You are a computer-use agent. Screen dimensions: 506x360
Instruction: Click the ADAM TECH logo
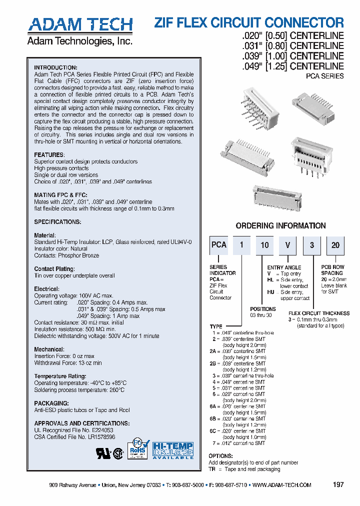click(x=80, y=24)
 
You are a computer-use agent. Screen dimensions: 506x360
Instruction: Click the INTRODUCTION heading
click(x=55, y=67)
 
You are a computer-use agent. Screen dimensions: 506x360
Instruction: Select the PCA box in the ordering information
click(x=219, y=245)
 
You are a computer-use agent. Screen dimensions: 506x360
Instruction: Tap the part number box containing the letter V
click(x=287, y=245)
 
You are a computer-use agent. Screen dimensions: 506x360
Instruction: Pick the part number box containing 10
click(x=264, y=245)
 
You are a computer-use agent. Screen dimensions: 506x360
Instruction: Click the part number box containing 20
click(x=335, y=245)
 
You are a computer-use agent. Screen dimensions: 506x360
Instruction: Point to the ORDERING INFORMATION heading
click(x=280, y=226)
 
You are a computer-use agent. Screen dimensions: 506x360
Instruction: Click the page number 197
click(x=338, y=485)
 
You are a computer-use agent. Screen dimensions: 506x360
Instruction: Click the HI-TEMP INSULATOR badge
click(x=172, y=450)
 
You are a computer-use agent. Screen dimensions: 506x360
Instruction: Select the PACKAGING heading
click(x=51, y=403)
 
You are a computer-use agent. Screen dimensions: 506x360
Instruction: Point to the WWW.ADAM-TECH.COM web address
click(x=282, y=485)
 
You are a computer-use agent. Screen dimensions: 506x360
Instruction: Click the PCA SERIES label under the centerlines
click(x=324, y=76)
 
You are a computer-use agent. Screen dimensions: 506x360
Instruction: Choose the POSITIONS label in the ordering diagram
click(x=263, y=309)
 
